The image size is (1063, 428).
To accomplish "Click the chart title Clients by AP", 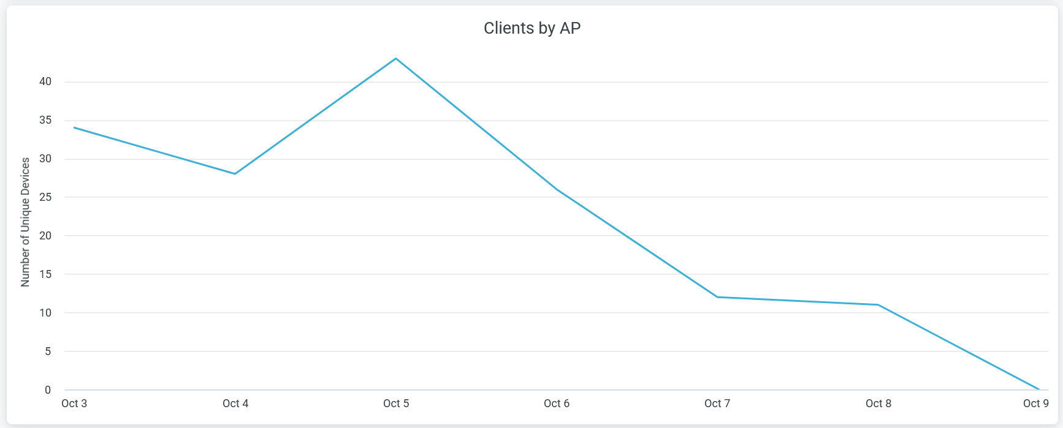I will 531,28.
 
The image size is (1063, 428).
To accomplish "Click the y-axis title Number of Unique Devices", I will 25,222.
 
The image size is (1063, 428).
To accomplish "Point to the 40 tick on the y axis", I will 45,81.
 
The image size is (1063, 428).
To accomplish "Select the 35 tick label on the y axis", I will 45,120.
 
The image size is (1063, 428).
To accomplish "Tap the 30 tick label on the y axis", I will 45,159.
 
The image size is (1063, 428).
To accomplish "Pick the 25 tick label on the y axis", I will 45,197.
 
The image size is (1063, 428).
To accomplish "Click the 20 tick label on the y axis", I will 45,236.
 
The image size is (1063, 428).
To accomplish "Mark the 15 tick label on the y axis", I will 45,274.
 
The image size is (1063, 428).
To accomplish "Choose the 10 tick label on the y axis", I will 45,313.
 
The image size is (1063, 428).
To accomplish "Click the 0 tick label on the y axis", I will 48,390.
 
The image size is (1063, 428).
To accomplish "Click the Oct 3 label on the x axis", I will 74,404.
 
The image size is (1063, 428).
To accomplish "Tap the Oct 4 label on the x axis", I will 235,404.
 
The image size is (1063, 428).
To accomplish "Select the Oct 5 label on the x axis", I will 396,404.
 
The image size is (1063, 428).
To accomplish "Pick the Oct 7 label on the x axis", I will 717,404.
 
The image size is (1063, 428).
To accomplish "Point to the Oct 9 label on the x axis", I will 1036,404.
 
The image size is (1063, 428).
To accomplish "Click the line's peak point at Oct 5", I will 396,58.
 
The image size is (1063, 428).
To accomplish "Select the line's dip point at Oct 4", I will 235,174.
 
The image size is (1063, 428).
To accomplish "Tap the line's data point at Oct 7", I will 717,297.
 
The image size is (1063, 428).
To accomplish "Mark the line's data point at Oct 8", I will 878,305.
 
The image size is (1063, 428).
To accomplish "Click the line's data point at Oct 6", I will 557,189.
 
